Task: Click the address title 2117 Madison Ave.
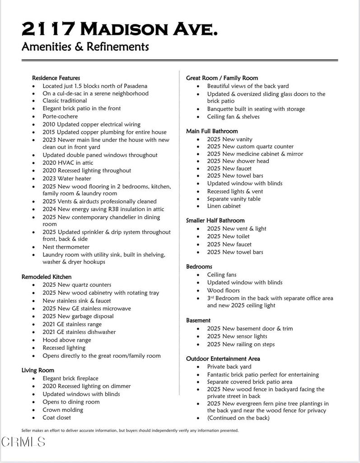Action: point(120,29)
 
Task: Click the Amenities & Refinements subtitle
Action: point(85,47)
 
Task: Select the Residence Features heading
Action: point(56,78)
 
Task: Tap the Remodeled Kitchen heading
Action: point(47,276)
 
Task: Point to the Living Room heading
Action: point(38,370)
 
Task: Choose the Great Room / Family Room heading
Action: point(222,78)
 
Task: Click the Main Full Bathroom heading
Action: point(212,131)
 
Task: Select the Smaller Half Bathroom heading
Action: point(215,220)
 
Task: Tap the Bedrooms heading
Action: point(199,266)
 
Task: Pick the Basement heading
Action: point(198,320)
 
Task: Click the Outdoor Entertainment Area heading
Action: point(223,359)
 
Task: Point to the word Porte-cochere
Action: point(60,116)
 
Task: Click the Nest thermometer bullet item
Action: point(66,247)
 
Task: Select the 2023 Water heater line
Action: point(67,179)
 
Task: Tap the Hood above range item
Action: point(67,340)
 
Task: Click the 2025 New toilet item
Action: point(228,236)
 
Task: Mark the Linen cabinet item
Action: point(224,206)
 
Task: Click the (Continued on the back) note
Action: point(238,418)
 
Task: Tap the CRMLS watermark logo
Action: point(23,442)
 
